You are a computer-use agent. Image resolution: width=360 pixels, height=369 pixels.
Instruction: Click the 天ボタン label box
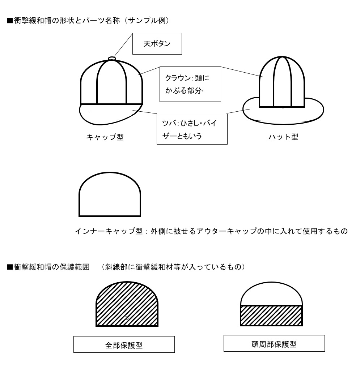(x=157, y=44)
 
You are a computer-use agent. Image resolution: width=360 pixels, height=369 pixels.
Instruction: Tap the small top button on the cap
(x=112, y=58)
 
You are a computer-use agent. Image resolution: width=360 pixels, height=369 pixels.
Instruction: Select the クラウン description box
(x=190, y=84)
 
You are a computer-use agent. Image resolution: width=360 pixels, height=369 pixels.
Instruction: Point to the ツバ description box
(x=192, y=129)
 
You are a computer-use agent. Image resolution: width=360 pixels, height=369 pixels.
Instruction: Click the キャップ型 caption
(x=105, y=137)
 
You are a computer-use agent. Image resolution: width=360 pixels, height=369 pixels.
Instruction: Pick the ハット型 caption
(x=283, y=137)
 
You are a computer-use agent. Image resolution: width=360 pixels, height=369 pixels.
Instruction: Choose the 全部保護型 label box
(x=124, y=344)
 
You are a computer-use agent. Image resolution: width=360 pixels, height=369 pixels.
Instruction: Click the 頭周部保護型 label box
(x=274, y=343)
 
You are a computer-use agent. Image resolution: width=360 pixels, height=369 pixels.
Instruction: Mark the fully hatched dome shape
(x=127, y=304)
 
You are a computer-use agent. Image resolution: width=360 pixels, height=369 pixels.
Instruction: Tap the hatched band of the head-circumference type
(x=271, y=316)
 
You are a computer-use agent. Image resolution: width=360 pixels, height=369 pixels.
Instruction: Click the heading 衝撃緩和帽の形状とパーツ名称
(x=67, y=21)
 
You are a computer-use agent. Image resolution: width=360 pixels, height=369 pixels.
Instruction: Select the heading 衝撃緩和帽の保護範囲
(x=52, y=267)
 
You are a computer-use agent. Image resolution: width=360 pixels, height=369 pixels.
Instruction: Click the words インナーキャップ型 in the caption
(x=109, y=231)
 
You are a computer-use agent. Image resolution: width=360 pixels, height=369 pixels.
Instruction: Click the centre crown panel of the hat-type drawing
(x=282, y=82)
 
